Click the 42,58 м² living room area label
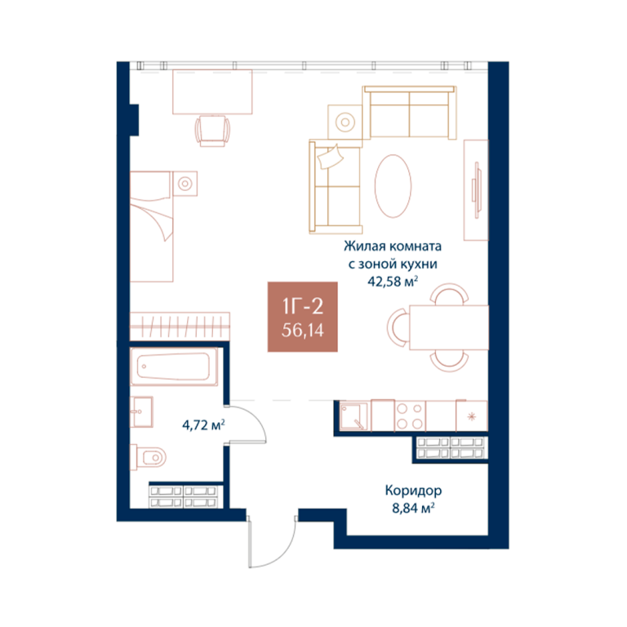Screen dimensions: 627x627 pos(393,281)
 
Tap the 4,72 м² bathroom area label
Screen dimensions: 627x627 pos(203,425)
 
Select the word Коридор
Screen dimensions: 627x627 pos(413,490)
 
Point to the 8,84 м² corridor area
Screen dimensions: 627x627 pos(413,508)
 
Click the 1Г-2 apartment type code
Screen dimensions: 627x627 pos(303,307)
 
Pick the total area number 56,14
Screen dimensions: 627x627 pos(303,331)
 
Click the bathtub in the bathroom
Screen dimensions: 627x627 pos(174,367)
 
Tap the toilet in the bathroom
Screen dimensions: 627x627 pos(148,456)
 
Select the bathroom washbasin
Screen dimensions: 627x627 pos(141,411)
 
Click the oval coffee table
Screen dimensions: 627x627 pos(393,186)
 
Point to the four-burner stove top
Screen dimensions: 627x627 pos(410,416)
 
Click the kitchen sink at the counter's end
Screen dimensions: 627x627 pos(354,416)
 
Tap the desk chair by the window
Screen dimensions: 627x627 pos(213,131)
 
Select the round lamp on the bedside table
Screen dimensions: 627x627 pos(185,184)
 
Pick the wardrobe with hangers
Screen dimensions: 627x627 pos(180,327)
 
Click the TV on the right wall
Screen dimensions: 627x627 pos(476,190)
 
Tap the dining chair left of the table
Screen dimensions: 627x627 pos(398,327)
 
